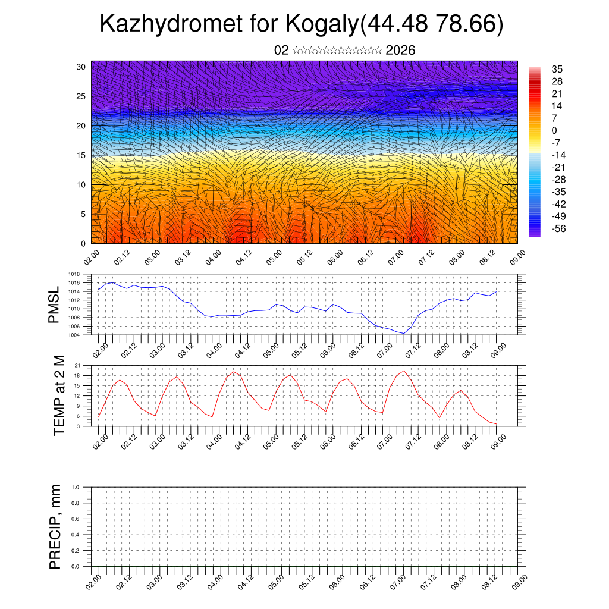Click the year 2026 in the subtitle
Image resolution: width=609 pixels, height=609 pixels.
(400, 51)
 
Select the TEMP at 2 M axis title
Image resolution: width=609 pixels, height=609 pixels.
(59, 395)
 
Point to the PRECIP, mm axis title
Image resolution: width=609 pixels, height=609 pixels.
(55, 526)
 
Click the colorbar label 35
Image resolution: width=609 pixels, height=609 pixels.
(557, 70)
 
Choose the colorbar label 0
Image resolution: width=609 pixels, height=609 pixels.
(554, 131)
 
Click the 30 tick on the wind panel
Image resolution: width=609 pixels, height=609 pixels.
(81, 67)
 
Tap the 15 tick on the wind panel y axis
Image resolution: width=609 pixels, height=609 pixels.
(81, 155)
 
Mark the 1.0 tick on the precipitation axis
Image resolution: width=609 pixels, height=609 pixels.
(76, 487)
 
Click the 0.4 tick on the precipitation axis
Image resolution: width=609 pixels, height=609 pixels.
(76, 535)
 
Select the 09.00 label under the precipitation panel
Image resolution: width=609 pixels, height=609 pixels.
(519, 581)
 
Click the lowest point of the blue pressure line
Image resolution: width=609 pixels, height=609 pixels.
(403, 333)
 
